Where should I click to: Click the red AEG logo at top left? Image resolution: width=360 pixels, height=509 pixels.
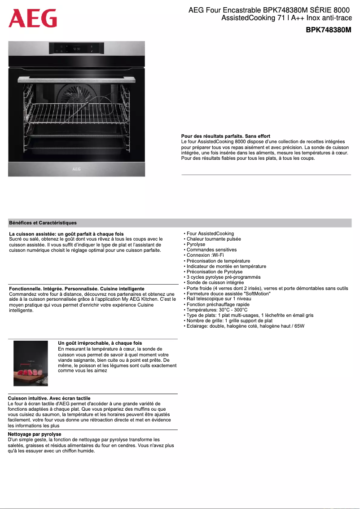pos(33,18)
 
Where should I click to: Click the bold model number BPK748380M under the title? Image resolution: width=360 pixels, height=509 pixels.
pos(328,30)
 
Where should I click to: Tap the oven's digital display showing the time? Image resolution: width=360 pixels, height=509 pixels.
pos(77,48)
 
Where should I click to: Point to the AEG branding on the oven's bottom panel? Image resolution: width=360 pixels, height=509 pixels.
pos(77,169)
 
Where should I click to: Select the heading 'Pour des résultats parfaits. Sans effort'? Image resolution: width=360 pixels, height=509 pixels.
pos(225,136)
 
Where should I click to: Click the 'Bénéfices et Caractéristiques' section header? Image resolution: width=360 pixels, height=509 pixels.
pos(43,223)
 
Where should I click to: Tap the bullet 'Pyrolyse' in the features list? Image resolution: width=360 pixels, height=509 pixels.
pos(196,244)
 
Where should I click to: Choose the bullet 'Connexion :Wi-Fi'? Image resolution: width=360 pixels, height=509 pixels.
pos(205,255)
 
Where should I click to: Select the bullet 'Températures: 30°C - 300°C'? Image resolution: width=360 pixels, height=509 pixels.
pos(217,310)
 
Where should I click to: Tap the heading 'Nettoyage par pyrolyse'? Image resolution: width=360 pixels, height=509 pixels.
pos(35,434)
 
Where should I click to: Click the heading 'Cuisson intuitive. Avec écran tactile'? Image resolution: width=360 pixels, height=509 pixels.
pos(49,398)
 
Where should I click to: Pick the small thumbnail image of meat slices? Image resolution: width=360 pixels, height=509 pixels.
pos(31,363)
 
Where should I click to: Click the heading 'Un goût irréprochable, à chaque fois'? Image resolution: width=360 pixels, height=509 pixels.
pos(100,343)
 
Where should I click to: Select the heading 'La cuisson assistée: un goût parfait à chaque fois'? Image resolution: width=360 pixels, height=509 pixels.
pos(66,234)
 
